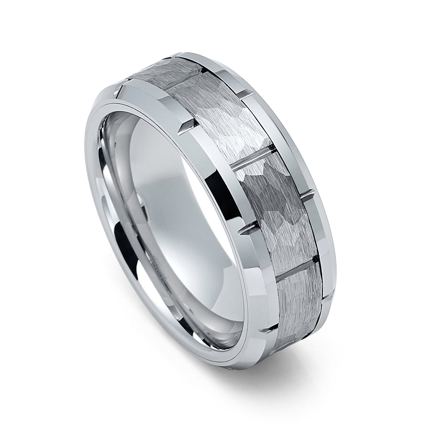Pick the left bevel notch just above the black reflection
[x=186, y=124]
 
